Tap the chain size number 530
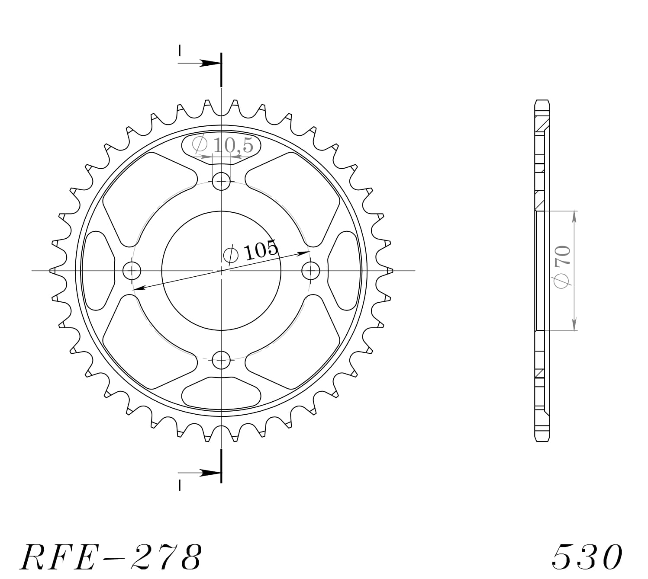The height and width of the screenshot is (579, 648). [x=587, y=557]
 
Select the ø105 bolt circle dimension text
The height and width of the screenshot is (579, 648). [x=251, y=252]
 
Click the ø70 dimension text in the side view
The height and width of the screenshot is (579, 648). [x=563, y=267]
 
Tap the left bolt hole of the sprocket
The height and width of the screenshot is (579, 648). [x=132, y=271]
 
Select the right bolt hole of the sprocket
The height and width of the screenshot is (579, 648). [x=310, y=271]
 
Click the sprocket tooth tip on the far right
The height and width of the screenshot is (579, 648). [x=391, y=271]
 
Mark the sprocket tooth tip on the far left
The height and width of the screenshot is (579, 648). [x=52, y=271]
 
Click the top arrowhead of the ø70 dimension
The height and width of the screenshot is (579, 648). [x=574, y=216]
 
